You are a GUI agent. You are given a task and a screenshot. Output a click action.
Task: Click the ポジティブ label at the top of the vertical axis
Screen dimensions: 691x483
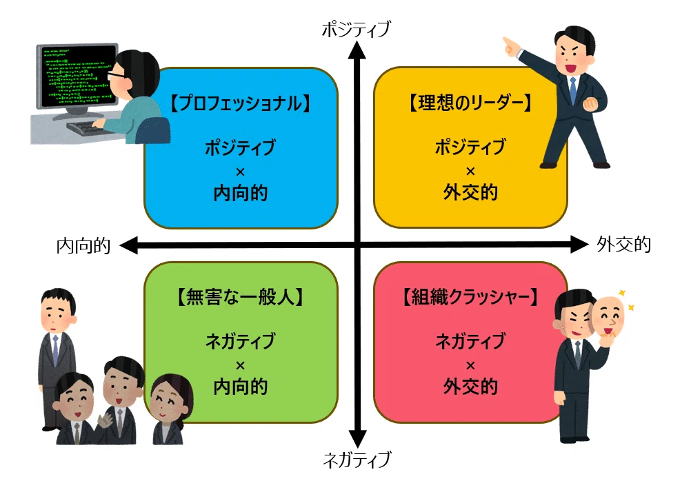[356, 29]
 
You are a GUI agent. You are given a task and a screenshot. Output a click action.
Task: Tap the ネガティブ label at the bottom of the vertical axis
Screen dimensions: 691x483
[357, 459]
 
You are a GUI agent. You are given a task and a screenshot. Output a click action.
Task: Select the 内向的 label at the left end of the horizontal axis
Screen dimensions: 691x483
[83, 246]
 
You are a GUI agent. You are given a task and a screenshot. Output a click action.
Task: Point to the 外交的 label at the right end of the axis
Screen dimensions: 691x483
[624, 245]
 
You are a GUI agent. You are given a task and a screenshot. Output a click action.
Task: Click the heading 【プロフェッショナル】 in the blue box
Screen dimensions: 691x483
[241, 103]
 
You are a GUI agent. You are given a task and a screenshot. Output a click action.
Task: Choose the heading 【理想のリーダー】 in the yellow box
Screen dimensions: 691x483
[470, 103]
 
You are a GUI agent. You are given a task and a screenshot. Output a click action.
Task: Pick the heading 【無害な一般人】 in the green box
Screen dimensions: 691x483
[240, 297]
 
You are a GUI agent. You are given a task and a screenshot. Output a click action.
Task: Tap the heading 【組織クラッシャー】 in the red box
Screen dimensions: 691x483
[470, 297]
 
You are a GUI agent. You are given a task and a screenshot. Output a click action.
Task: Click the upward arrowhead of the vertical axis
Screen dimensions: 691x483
[357, 50]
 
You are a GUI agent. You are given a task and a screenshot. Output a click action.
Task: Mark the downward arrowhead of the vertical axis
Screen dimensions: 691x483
[357, 439]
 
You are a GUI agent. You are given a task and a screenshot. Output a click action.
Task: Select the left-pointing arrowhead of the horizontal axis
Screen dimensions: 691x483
[129, 245]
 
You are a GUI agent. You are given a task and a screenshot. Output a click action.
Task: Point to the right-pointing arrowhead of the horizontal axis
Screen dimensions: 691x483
[579, 245]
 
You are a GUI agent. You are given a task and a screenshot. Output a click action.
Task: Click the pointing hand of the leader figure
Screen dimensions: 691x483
[511, 47]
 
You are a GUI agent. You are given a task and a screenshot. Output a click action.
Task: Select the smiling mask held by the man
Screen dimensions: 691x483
[608, 318]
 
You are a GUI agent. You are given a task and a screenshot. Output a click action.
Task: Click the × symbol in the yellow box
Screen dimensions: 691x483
[470, 171]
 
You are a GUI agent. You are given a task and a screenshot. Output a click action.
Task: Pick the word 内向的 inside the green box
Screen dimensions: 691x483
[241, 387]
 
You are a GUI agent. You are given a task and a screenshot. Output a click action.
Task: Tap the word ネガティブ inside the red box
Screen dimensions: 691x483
[470, 342]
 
